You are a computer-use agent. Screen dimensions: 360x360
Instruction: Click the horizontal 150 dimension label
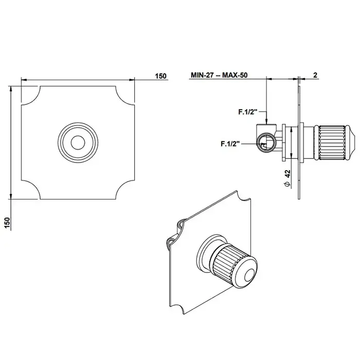click(x=160, y=76)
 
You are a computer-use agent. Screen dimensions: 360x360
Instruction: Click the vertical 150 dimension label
click(x=7, y=223)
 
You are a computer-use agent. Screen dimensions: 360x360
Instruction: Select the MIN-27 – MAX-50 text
click(x=219, y=75)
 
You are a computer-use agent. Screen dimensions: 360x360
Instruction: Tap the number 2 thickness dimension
click(x=315, y=75)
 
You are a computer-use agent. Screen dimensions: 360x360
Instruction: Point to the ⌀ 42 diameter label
click(x=287, y=178)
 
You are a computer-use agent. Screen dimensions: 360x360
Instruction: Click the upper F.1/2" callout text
click(x=247, y=112)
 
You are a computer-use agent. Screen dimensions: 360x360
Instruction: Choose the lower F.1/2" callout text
click(x=230, y=143)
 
